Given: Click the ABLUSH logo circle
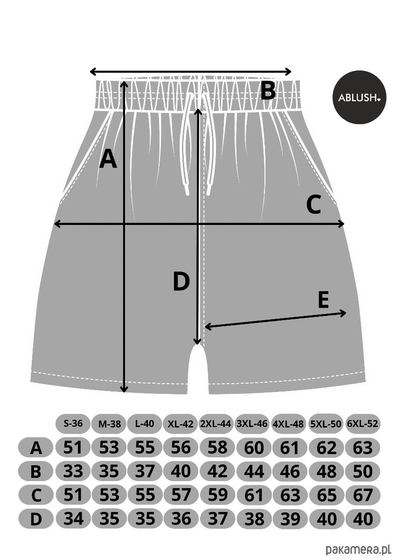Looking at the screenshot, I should pyautogui.click(x=359, y=98).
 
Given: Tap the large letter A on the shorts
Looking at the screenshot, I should pyautogui.click(x=108, y=159).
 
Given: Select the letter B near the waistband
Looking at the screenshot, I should pyautogui.click(x=268, y=91).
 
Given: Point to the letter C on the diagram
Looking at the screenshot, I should pyautogui.click(x=314, y=205).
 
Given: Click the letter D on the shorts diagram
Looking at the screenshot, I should pyautogui.click(x=181, y=282).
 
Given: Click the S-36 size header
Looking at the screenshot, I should pyautogui.click(x=73, y=424).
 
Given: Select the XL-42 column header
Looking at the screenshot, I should pyautogui.click(x=181, y=424).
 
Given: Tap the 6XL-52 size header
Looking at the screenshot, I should pyautogui.click(x=362, y=424).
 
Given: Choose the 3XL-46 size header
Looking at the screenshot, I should pyautogui.click(x=254, y=424).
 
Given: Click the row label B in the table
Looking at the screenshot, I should pyautogui.click(x=36, y=472).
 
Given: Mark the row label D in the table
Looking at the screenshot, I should pyautogui.click(x=36, y=519).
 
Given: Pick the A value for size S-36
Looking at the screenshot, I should pyautogui.click(x=73, y=448).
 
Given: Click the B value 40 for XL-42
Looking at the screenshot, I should pyautogui.click(x=181, y=471).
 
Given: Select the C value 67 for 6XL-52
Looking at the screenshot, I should pyautogui.click(x=362, y=495).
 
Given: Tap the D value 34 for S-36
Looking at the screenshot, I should pyautogui.click(x=73, y=518).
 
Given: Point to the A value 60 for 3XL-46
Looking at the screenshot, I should pyautogui.click(x=254, y=448).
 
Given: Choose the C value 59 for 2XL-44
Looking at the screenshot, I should pyautogui.click(x=217, y=495).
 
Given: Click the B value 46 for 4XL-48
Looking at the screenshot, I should pyautogui.click(x=290, y=471).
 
